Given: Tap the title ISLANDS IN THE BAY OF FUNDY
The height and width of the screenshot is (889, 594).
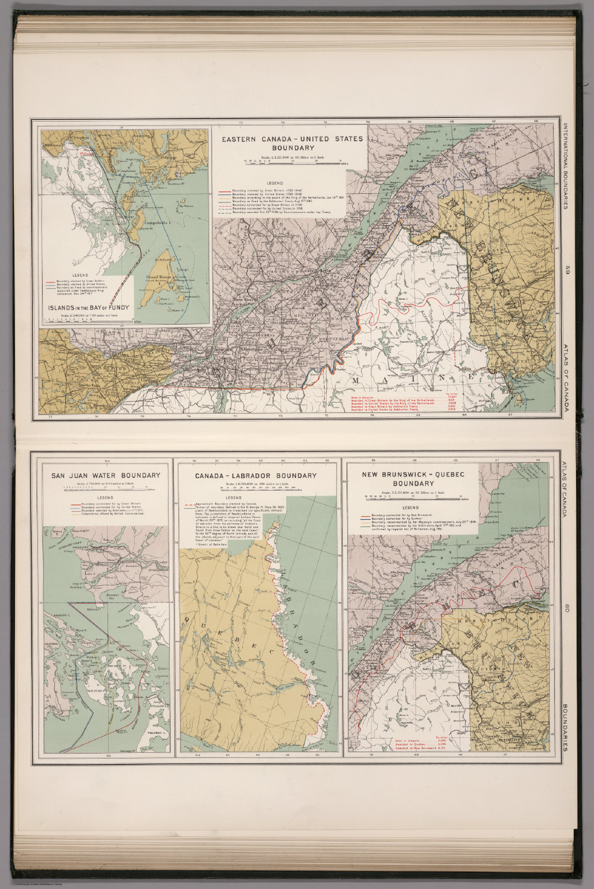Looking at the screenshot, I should (x=88, y=307).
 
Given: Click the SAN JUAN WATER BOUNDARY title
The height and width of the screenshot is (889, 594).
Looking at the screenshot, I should (x=106, y=476).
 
